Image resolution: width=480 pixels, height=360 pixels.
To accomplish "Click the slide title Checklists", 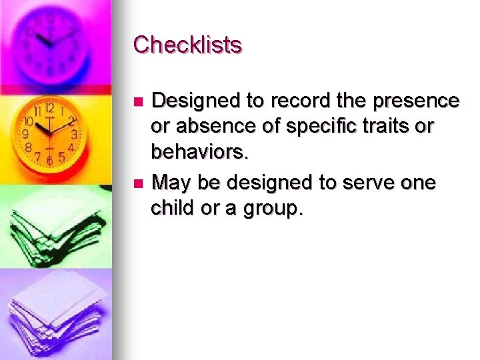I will (187, 45).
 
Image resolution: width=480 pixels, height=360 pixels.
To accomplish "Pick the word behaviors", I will (199, 153).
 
